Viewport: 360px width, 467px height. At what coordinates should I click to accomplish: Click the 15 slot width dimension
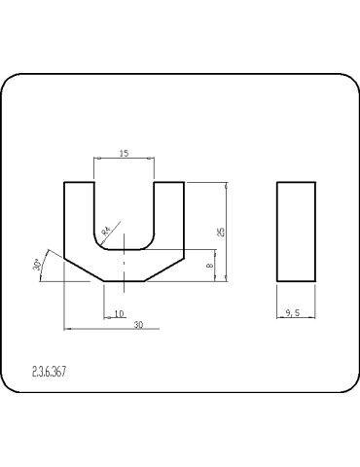tap(124, 153)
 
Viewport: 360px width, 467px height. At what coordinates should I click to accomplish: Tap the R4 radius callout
tap(106, 231)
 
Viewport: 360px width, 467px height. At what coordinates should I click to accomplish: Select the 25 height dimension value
tap(222, 232)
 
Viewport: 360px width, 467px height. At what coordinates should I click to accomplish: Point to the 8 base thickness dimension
tap(210, 265)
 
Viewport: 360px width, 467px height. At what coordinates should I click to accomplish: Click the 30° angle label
tap(37, 265)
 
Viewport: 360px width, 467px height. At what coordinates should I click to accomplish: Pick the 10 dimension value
tap(119, 313)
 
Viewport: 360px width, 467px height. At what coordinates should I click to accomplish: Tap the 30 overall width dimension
tap(138, 325)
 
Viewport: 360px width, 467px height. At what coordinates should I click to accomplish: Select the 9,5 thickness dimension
tap(293, 313)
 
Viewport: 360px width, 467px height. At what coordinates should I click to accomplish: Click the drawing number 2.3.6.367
tap(49, 372)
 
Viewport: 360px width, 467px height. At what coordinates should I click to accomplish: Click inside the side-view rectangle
tap(296, 232)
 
